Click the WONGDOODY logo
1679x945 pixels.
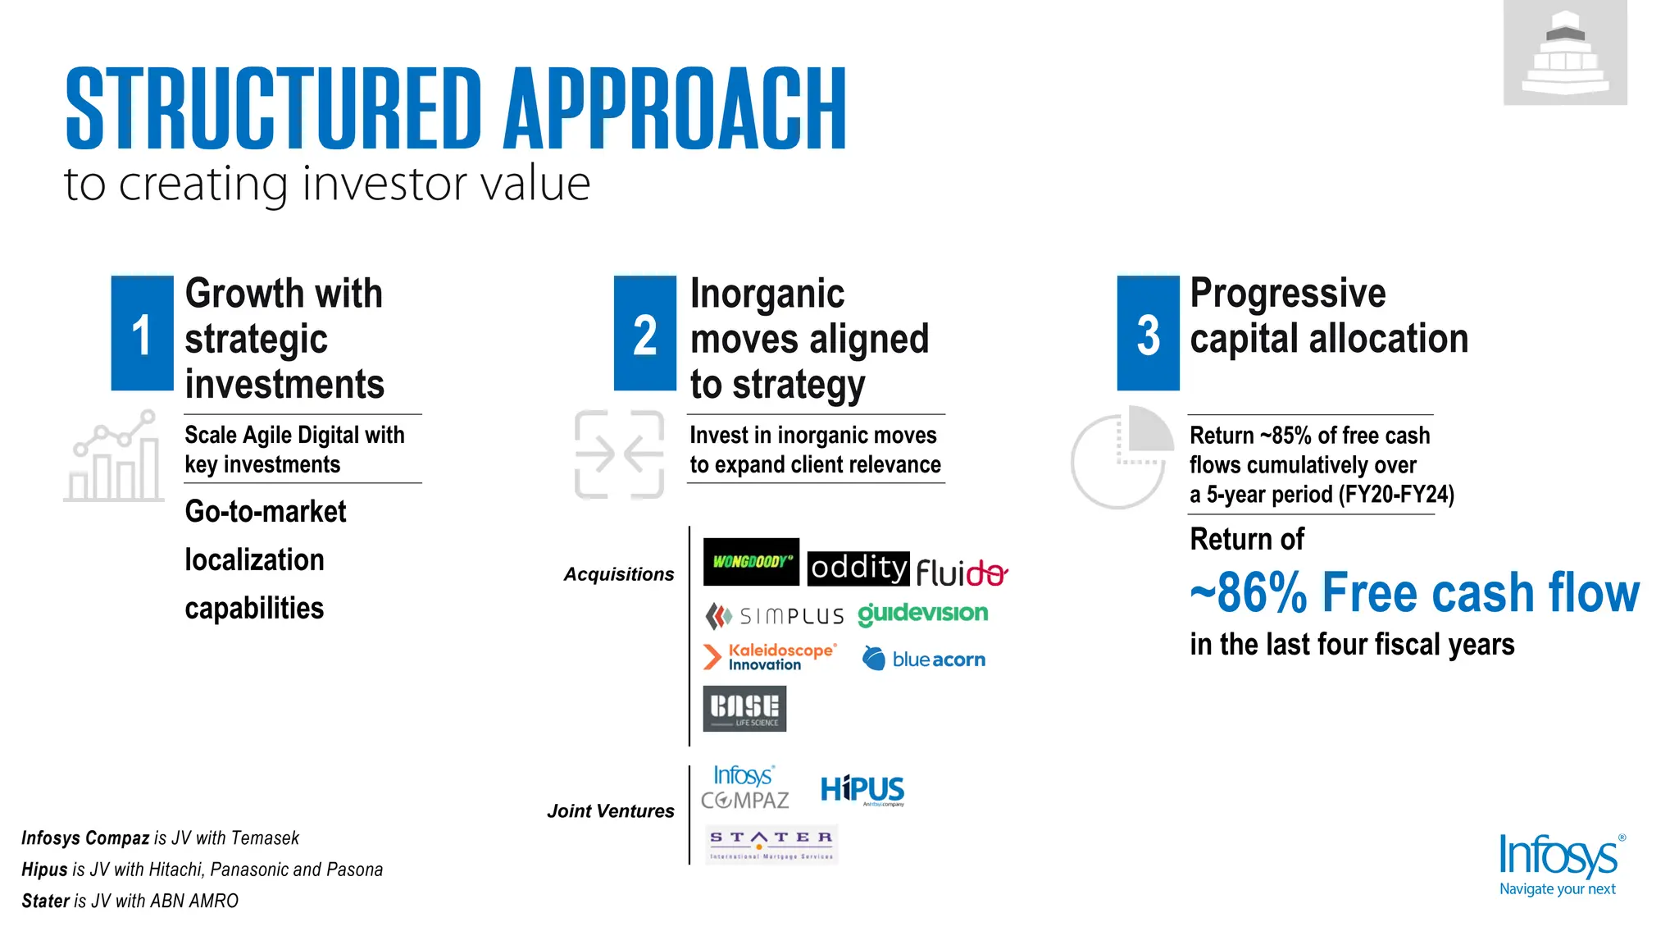pos(751,562)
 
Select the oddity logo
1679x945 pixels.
pos(858,568)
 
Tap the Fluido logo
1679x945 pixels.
pos(961,572)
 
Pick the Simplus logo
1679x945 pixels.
pos(775,616)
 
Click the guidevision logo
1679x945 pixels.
pos(922,614)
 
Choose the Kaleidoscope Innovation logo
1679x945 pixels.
pos(770,657)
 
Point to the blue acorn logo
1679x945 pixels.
pos(924,659)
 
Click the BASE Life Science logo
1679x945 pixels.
pos(744,709)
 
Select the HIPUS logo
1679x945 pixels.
pos(862,790)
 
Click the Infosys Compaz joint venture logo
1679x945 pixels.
pos(744,787)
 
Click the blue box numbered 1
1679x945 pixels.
pos(142,334)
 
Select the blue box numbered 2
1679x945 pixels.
pos(645,334)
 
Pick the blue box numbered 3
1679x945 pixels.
pos(1148,334)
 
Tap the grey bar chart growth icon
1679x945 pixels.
pos(114,457)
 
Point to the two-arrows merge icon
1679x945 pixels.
pos(619,454)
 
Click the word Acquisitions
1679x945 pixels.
pos(618,574)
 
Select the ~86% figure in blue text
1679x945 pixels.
pos(1249,593)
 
